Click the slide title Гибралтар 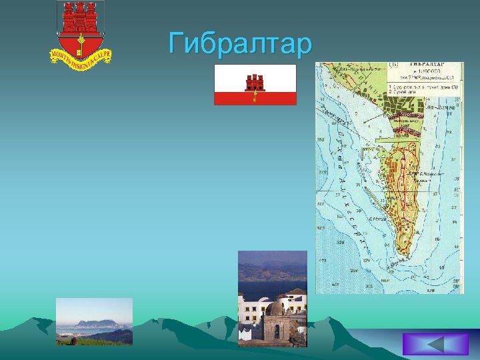pyautogui.click(x=240, y=44)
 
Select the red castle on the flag pyautogui.click(x=255, y=82)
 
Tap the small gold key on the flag pyautogui.click(x=254, y=97)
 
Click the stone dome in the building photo pyautogui.click(x=275, y=309)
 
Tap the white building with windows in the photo pyautogui.click(x=253, y=309)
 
